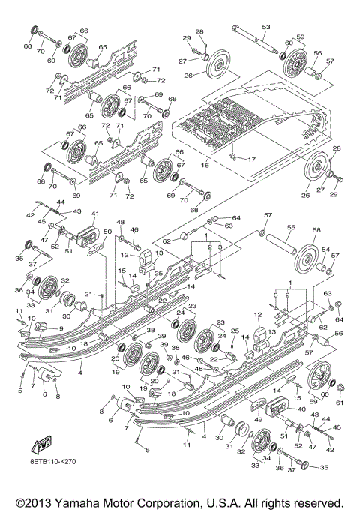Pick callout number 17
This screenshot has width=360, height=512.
point(250,159)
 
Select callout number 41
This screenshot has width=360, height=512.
point(94,214)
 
